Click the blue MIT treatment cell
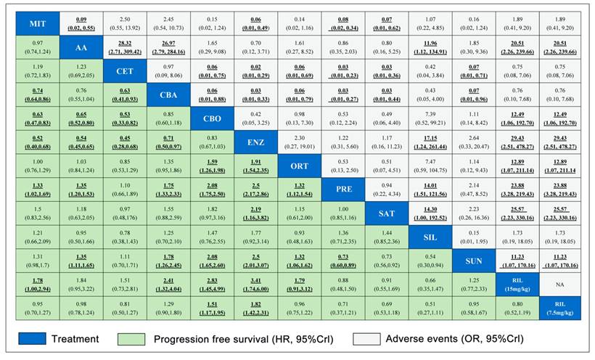(x=38, y=24)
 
